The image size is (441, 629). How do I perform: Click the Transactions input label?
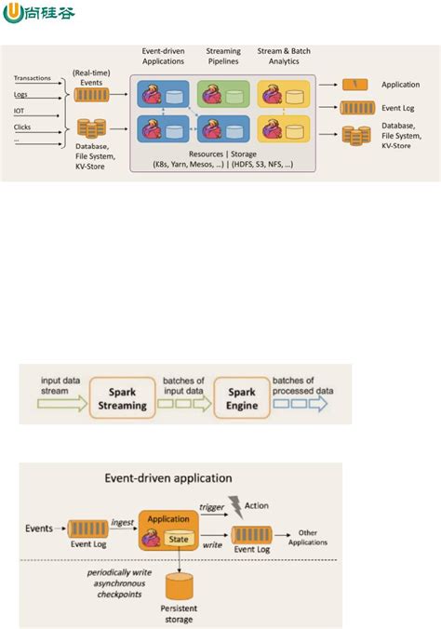click(x=33, y=79)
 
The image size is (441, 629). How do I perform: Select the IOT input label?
click(x=20, y=110)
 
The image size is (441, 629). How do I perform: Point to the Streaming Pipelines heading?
click(x=222, y=57)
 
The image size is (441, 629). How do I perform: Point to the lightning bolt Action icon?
click(x=234, y=505)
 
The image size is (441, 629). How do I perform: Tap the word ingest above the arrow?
click(x=123, y=522)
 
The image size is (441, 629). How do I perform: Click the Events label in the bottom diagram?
click(x=40, y=529)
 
